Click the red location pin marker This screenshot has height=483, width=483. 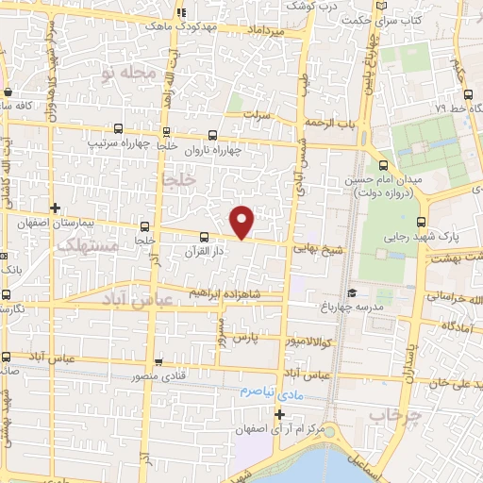(242, 221)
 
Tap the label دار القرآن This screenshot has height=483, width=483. (206, 252)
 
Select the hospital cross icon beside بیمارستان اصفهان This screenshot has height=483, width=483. (56, 208)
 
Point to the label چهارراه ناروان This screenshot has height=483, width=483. (213, 149)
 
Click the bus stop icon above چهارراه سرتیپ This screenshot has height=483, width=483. (118, 129)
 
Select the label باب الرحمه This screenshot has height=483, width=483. (329, 124)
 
